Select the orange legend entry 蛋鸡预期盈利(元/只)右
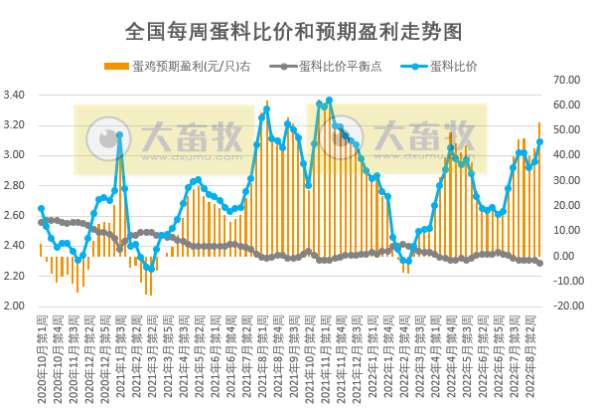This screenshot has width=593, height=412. coord(189,66)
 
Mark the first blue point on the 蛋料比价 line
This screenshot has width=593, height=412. coord(41,209)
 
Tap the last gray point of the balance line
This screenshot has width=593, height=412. coord(539,263)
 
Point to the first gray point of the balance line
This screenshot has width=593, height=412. coord(41,221)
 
